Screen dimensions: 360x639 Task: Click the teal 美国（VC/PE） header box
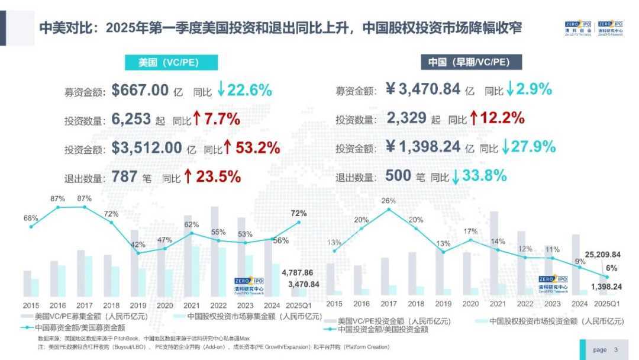[x=171, y=63]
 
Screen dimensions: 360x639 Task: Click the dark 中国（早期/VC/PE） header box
[x=467, y=63]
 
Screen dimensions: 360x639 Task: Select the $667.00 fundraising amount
[x=140, y=91]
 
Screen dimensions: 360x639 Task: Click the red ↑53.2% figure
[x=251, y=148]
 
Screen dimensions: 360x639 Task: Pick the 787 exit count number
[x=124, y=176]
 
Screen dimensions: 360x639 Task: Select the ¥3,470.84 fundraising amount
[x=423, y=90]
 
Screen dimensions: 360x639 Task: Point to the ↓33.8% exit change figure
[x=479, y=176]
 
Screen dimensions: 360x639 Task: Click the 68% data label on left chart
[x=31, y=218]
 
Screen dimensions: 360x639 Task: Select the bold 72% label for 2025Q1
[x=299, y=213]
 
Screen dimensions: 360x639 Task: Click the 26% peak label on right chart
[x=389, y=201]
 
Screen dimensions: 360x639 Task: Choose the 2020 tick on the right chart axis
[x=470, y=304]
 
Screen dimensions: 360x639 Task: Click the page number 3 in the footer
[x=616, y=350]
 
